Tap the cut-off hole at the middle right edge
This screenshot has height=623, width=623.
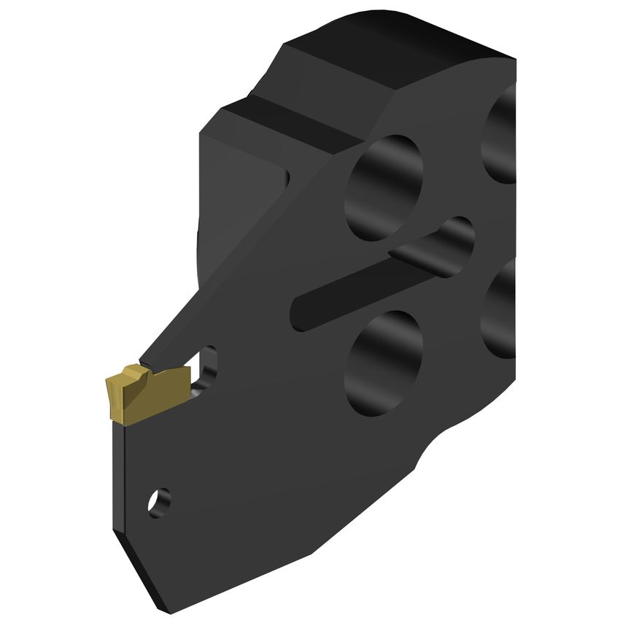(500, 306)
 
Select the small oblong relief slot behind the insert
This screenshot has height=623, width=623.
(210, 368)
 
